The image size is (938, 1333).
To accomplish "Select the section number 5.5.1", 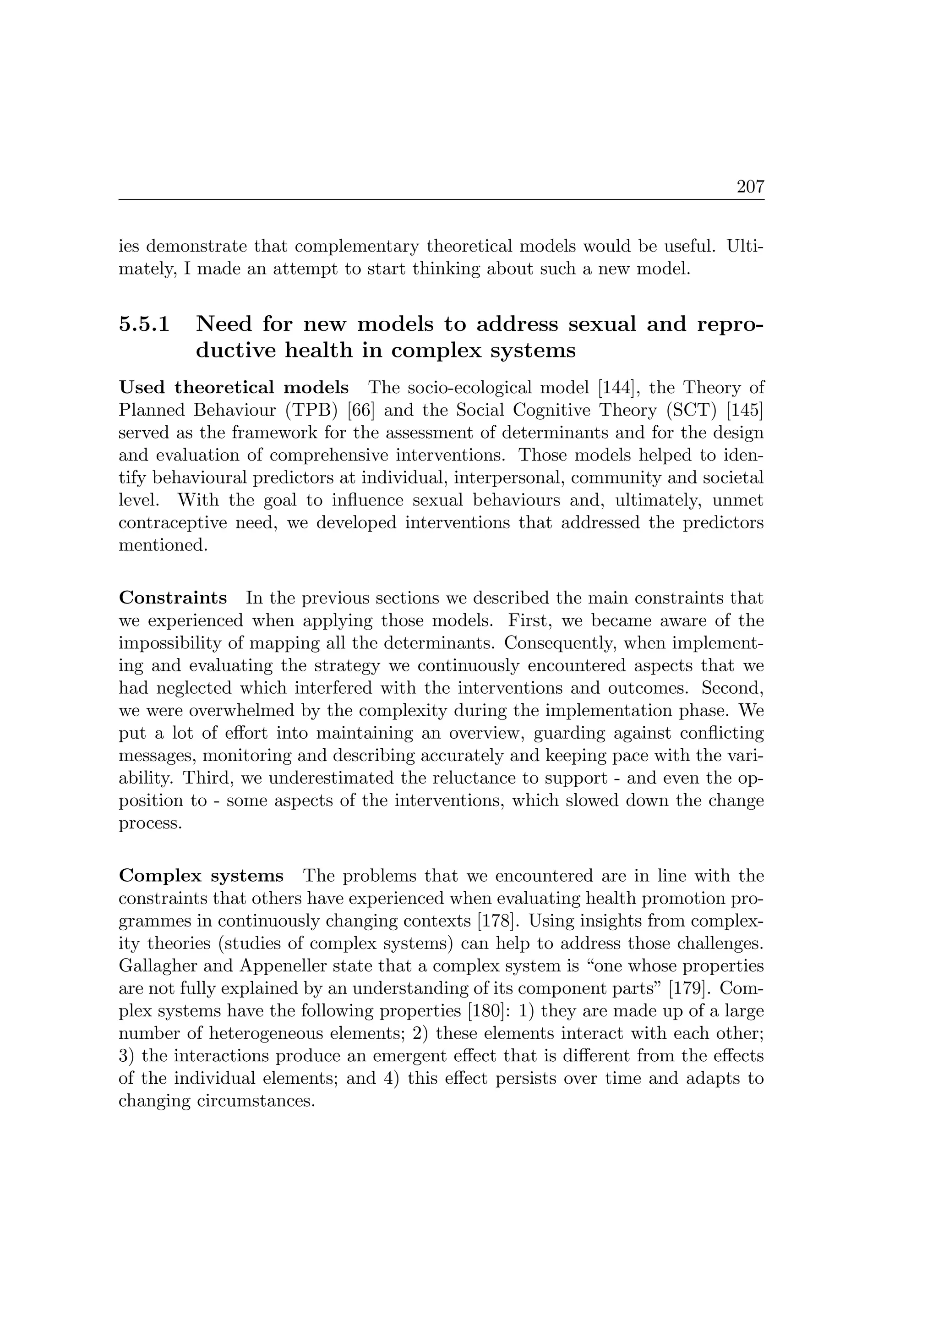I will (x=144, y=324).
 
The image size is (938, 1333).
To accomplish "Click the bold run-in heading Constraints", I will (x=172, y=598).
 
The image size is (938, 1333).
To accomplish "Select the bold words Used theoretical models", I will (x=233, y=387).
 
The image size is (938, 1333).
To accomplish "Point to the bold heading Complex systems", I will (x=201, y=876).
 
